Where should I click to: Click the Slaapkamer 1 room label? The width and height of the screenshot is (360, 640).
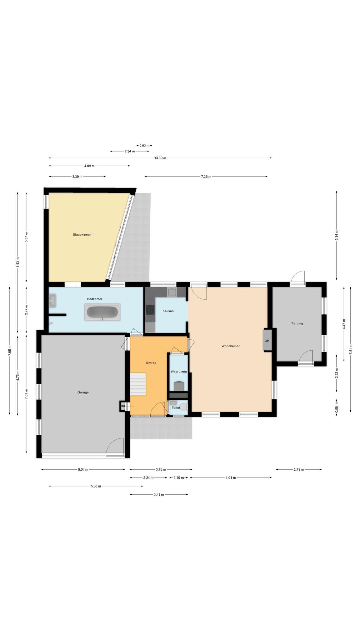tap(83, 234)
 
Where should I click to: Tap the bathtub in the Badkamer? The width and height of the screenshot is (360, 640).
tap(102, 312)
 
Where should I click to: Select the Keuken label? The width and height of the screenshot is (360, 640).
tap(168, 311)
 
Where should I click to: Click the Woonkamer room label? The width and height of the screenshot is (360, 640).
tap(231, 346)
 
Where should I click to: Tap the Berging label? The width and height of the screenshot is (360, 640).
tap(297, 323)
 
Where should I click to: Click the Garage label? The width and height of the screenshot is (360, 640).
tap(83, 392)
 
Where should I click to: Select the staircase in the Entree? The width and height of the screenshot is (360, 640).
tap(138, 384)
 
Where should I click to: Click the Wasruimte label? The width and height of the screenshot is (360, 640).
tap(179, 372)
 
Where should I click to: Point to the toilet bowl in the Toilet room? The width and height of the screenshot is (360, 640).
tap(184, 407)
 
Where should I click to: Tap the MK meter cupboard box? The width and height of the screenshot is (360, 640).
tap(123, 406)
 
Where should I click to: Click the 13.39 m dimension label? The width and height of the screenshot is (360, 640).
tap(160, 158)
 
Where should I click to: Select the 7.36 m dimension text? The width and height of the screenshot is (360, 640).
tap(206, 177)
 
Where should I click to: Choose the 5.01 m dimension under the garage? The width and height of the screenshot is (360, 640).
tap(83, 469)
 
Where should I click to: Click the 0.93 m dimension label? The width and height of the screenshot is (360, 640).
tap(144, 145)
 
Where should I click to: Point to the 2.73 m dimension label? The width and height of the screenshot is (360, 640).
tap(299, 469)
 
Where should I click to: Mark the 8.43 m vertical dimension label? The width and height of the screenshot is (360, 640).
tap(18, 262)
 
